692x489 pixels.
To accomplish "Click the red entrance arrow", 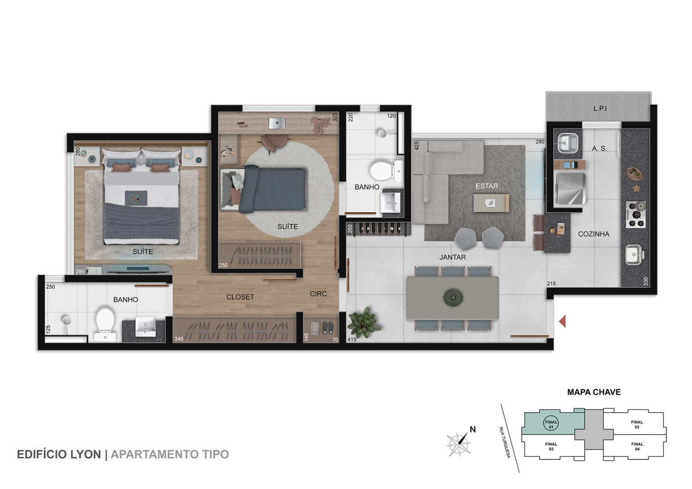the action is coord(562,321).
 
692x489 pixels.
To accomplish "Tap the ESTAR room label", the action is coord(487,186).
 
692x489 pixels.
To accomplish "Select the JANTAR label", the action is coord(453,257).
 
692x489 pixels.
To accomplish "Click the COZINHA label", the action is coord(593,234).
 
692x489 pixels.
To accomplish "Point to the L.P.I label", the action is coord(600,109).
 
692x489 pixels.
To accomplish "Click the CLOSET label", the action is coord(240,297).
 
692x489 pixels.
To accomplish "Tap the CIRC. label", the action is coord(319,294).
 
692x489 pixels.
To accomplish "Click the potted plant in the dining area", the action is coord(364,322).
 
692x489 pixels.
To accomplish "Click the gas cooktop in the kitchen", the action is coord(636,214).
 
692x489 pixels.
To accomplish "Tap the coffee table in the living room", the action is coord(491,203).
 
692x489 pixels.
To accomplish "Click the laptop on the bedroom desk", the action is coord(277,123).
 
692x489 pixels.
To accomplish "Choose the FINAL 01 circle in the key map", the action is coord(551,424).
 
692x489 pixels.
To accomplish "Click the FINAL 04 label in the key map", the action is coord(637,446).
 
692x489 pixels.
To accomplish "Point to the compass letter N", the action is coord(473,430).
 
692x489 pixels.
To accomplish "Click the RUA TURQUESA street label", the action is coord(505,442).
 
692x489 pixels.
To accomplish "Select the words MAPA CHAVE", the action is coord(594,392).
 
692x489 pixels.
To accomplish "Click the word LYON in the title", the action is coord(86,454).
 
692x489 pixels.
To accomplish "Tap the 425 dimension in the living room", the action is coord(416,145).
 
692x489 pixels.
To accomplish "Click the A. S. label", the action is coord(599,149).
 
